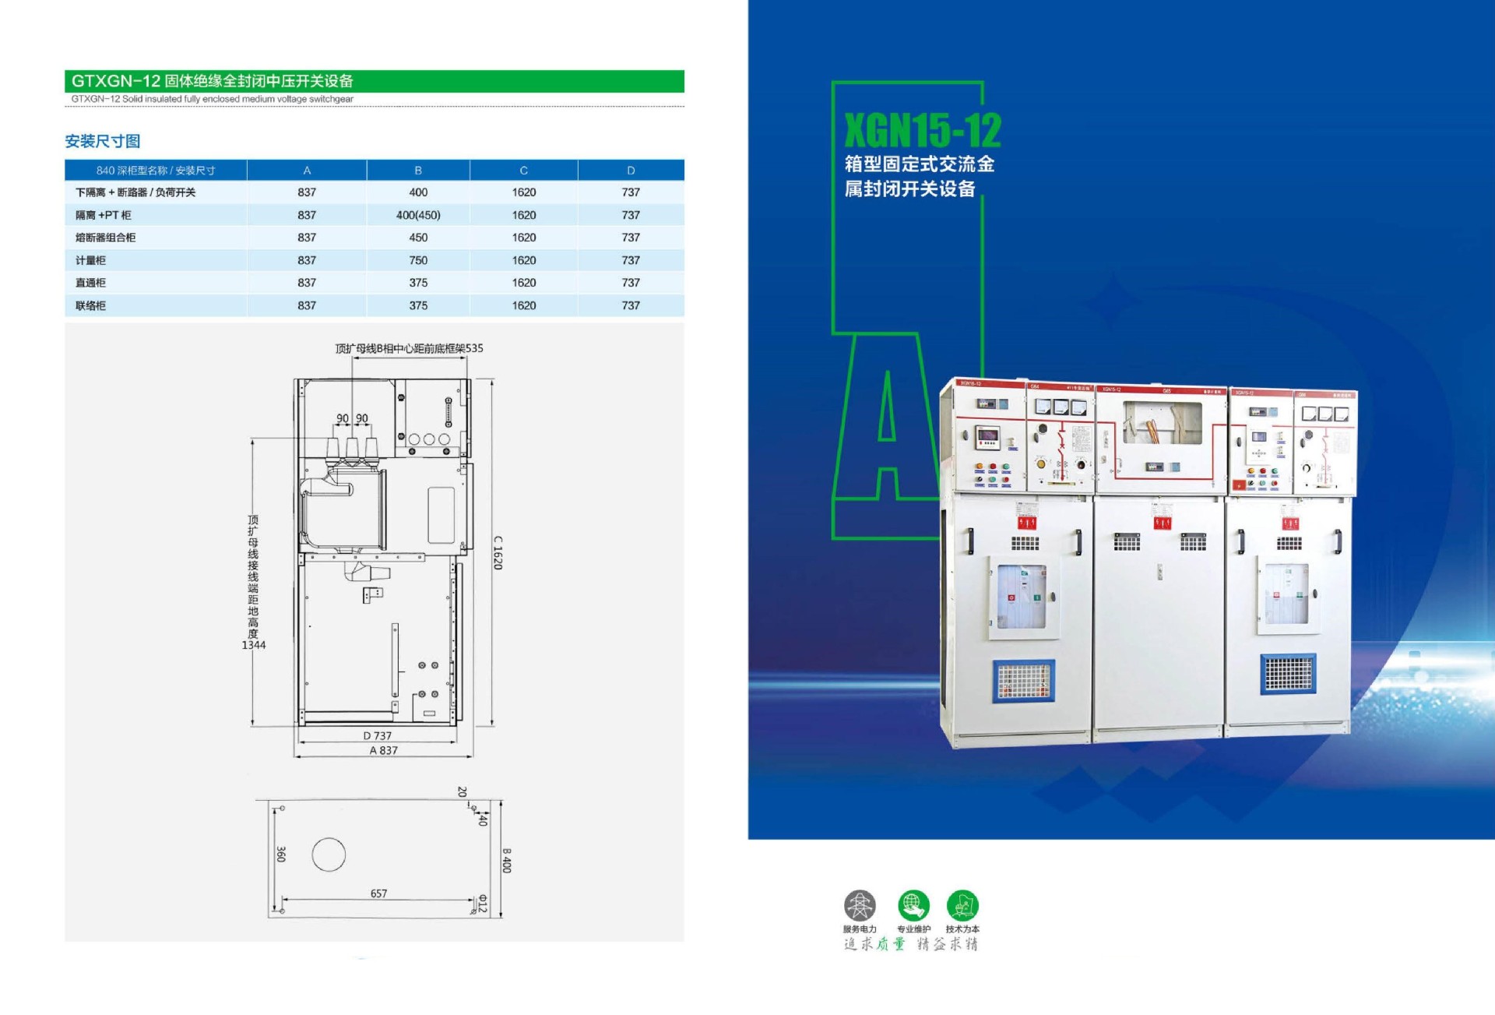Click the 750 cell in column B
pos(418,260)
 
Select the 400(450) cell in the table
pos(418,215)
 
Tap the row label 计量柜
pos(90,260)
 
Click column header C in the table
pos(523,171)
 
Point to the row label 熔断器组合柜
pos(105,238)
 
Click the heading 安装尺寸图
pos(102,141)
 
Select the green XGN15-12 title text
pos(922,130)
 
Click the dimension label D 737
pos(378,735)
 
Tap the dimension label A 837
pos(383,750)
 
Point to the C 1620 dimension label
pos(498,552)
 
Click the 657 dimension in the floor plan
pos(378,893)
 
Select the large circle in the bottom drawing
pos(329,855)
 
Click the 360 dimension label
pos(281,854)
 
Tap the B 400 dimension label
pos(507,861)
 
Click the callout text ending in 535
pos(409,348)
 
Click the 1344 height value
pos(254,645)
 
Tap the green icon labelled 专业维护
pos(913,906)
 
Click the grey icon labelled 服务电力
pos(860,906)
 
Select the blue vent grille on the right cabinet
pos(1288,674)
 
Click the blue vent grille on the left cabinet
pos(1023,680)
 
